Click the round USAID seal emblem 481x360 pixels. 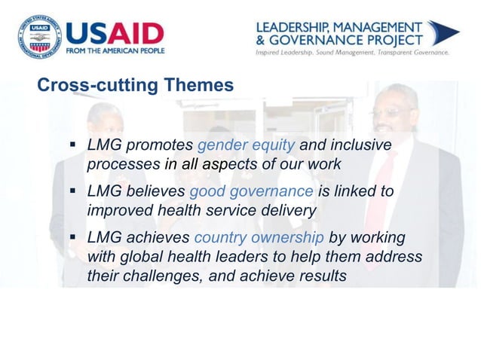37,36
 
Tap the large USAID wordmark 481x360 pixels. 115,34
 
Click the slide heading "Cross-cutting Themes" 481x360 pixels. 136,86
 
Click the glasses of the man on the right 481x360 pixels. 391,113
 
